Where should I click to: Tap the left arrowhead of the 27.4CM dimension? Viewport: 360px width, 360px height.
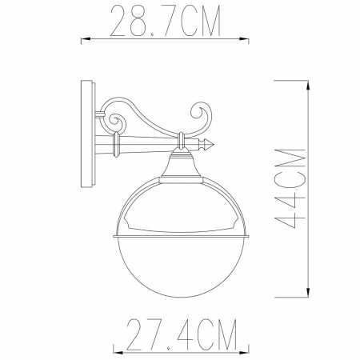coord(114,350)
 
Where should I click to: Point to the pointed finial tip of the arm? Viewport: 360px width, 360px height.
coord(215,145)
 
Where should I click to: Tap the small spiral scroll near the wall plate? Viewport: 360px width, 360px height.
coord(115,124)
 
